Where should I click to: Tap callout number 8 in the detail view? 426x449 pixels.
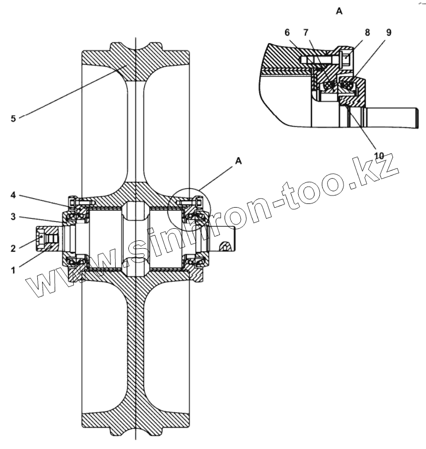click(x=367, y=32)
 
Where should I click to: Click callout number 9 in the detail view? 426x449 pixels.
click(x=388, y=32)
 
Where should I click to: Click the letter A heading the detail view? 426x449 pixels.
click(x=339, y=11)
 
